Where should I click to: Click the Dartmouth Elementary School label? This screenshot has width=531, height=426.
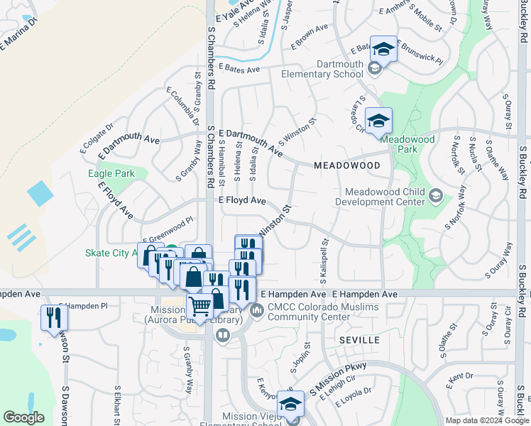322,68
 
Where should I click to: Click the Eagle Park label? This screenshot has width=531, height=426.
111,173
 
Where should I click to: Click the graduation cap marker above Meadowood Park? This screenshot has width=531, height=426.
378,120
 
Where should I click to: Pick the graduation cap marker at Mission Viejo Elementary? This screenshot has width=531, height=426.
290,403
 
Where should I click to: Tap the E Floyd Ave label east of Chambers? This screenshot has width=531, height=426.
242,202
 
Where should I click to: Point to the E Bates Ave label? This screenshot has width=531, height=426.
240,68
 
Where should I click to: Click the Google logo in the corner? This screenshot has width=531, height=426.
23,417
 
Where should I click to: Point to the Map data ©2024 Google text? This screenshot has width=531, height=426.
486,420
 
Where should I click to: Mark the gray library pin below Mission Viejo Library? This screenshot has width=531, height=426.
222,335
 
